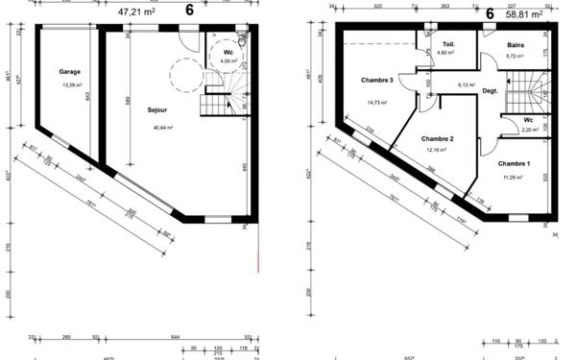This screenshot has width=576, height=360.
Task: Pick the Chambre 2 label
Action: coord(437,140)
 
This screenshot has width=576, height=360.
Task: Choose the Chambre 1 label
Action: coord(515,164)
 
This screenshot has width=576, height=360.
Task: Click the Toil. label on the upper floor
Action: coord(448,45)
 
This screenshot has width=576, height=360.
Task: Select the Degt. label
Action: coord(490,91)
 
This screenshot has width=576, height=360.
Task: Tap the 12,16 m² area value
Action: coord(437,151)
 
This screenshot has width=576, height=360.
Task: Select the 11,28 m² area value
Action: coord(515,176)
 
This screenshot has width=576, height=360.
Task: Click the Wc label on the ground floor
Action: coord(228,53)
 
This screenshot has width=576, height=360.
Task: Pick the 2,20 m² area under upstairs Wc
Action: coord(530,129)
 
